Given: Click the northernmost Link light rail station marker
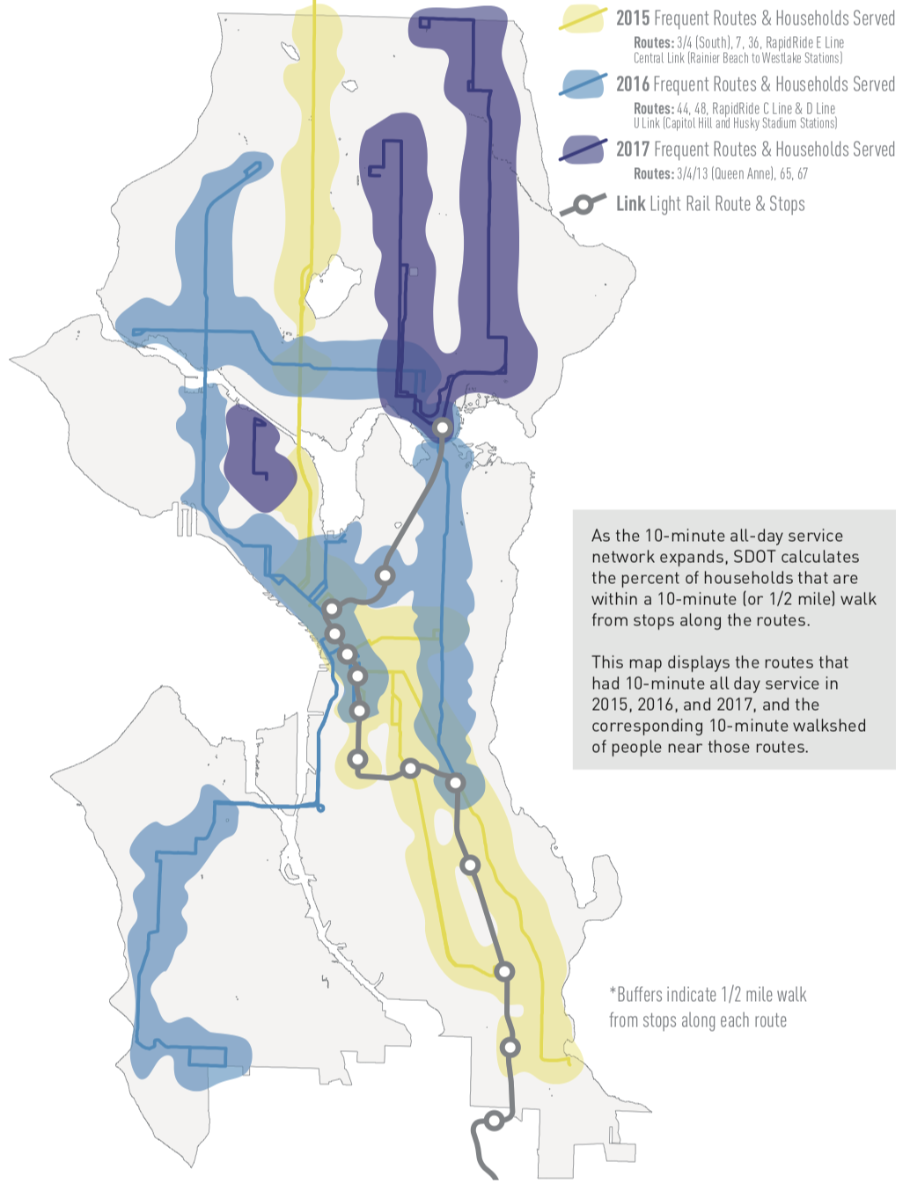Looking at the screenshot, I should coord(443,427).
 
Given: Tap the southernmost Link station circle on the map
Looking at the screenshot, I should coord(495,1120).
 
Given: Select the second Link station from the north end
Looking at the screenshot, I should coord(385,575).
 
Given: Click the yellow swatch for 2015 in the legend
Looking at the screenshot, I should coord(583,18).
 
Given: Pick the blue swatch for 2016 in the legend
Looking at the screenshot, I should coord(583,84).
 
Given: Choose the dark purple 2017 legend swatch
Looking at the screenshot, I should coord(583,150).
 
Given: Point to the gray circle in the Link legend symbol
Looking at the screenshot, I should coord(582,205).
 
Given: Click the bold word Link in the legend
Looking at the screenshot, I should coord(630,204).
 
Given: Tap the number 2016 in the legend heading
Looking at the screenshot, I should coord(633,84).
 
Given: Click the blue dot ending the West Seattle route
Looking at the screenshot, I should coord(320,808).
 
